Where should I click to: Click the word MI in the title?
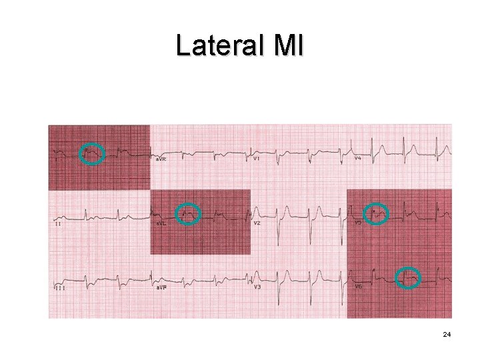click(288, 46)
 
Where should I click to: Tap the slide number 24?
click(447, 334)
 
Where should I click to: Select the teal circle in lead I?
click(91, 154)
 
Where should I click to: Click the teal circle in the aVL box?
click(189, 213)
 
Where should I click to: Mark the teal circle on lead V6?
click(408, 277)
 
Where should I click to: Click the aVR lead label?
click(161, 159)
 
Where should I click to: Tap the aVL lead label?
click(161, 223)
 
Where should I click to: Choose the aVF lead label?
click(161, 287)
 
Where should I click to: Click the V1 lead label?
click(257, 159)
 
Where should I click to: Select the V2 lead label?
click(257, 223)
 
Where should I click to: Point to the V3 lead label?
click(257, 287)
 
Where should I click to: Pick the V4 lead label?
click(358, 159)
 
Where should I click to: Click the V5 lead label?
click(358, 223)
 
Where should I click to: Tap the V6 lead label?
click(358, 287)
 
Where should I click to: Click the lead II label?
click(58, 223)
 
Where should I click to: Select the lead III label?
click(59, 287)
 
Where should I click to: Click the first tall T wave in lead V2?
click(286, 208)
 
